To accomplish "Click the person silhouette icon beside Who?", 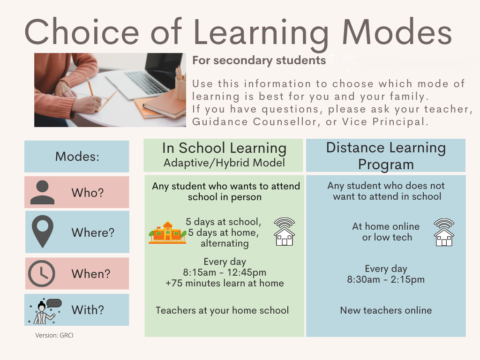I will (42, 192).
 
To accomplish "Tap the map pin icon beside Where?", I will (42, 232).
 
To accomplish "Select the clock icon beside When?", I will (42, 273).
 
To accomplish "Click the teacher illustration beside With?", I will (45, 310).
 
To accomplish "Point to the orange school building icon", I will (167, 232).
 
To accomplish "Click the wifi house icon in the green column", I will (285, 232).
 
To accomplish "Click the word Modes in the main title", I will (397, 33).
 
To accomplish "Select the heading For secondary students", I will (259, 60).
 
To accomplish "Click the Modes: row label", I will (77, 157).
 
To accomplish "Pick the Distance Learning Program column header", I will (386, 156).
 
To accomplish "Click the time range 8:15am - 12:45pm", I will (225, 272).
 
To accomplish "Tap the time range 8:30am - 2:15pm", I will (386, 280).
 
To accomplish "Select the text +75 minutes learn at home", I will (225, 283).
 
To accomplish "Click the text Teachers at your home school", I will (222, 310).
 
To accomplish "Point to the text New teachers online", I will (386, 310).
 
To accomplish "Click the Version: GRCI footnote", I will (54, 336).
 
